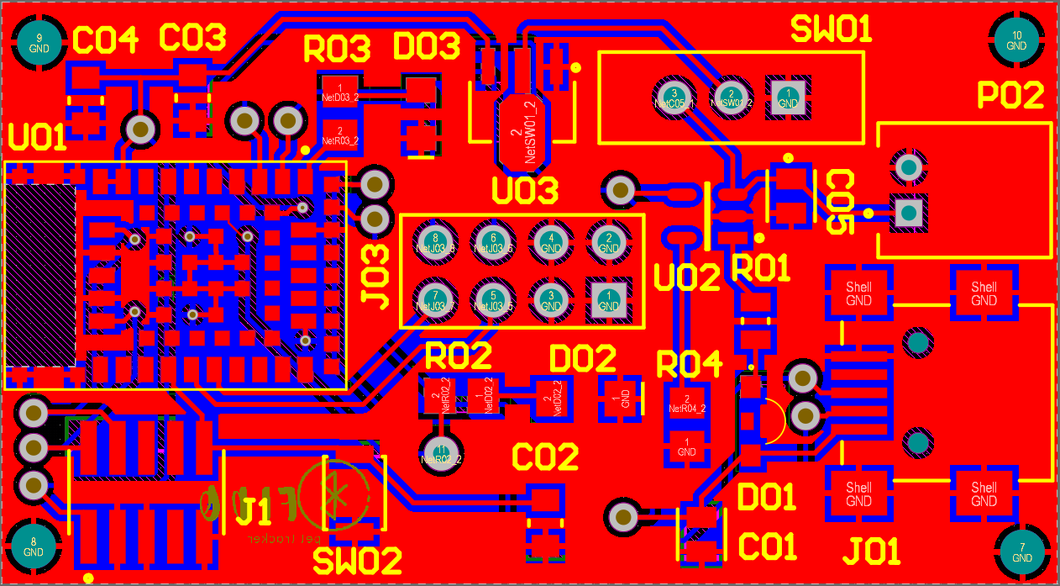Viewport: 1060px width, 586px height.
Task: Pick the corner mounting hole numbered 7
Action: pos(1022,552)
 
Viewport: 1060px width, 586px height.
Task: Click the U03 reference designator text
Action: pos(525,192)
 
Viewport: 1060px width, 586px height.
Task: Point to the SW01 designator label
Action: pos(832,31)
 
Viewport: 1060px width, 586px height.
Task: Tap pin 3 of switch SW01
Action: pos(674,97)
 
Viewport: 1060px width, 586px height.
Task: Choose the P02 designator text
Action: pos(1010,96)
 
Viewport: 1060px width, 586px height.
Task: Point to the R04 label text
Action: pos(689,365)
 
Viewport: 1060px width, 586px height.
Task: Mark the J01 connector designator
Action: pos(872,552)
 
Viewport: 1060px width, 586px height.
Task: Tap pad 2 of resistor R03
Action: pos(339,135)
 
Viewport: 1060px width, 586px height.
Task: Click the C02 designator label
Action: pos(546,457)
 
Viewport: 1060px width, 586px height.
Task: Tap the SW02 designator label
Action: pos(358,561)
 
